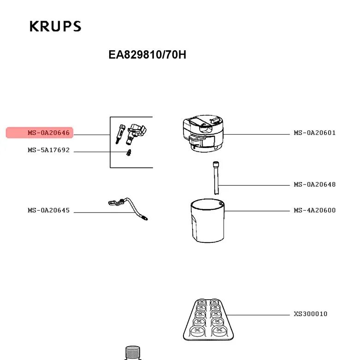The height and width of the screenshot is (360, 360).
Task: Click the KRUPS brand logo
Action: coord(55,26)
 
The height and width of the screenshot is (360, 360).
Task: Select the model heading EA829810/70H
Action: coord(147,55)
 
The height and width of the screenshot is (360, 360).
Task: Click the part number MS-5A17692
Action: coord(48,150)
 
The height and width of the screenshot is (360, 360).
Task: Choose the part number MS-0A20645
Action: coord(48,210)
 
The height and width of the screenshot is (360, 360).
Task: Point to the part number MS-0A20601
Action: coord(315,133)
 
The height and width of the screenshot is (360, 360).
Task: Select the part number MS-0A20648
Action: coord(315,184)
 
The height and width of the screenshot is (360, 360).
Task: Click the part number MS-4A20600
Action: coord(315,210)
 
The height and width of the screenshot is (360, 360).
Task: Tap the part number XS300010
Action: coord(311,314)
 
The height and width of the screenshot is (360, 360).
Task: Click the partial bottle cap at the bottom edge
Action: coord(132,353)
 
